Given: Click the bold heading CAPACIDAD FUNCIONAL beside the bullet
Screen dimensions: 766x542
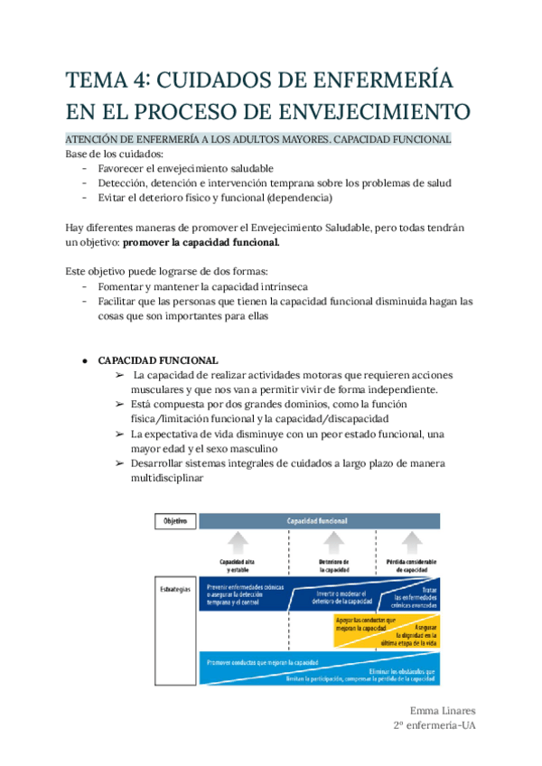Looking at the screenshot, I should coord(157,359).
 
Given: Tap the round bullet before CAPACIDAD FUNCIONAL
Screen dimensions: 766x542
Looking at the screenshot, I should coord(84,360).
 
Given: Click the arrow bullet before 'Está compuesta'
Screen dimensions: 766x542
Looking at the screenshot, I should coord(119,405).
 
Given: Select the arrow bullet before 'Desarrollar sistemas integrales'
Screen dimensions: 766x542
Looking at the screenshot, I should coord(119,463).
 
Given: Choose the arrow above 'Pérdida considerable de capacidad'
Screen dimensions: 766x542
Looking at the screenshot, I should coord(413,542).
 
